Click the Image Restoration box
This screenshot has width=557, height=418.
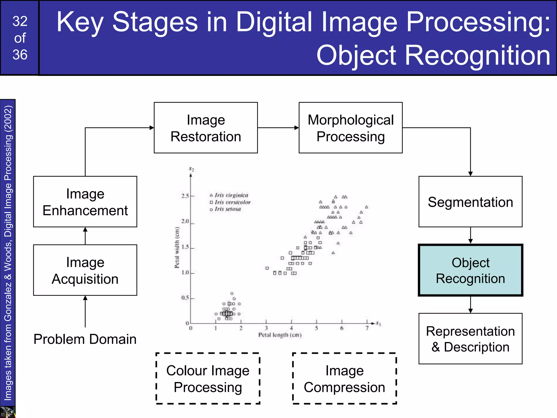click(x=206, y=128)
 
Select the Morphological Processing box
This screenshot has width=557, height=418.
click(x=350, y=128)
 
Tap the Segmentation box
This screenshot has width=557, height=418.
click(x=470, y=202)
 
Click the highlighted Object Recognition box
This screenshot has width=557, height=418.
click(x=470, y=270)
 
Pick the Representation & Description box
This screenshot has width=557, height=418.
click(x=470, y=339)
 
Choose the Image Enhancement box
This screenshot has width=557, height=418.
click(x=85, y=202)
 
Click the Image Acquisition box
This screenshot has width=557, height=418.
click(x=85, y=270)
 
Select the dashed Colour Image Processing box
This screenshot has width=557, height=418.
click(x=208, y=379)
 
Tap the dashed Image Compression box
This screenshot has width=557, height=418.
click(x=344, y=379)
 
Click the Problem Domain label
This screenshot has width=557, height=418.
click(x=85, y=339)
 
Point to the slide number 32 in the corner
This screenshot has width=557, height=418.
click(x=20, y=21)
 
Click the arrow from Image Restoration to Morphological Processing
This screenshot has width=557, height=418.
click(x=278, y=128)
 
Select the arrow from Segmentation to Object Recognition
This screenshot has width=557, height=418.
click(x=471, y=235)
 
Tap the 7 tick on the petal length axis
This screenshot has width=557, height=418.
click(x=367, y=328)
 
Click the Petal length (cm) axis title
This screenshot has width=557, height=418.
click(x=280, y=335)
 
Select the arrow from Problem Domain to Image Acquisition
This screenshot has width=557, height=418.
click(x=85, y=311)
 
